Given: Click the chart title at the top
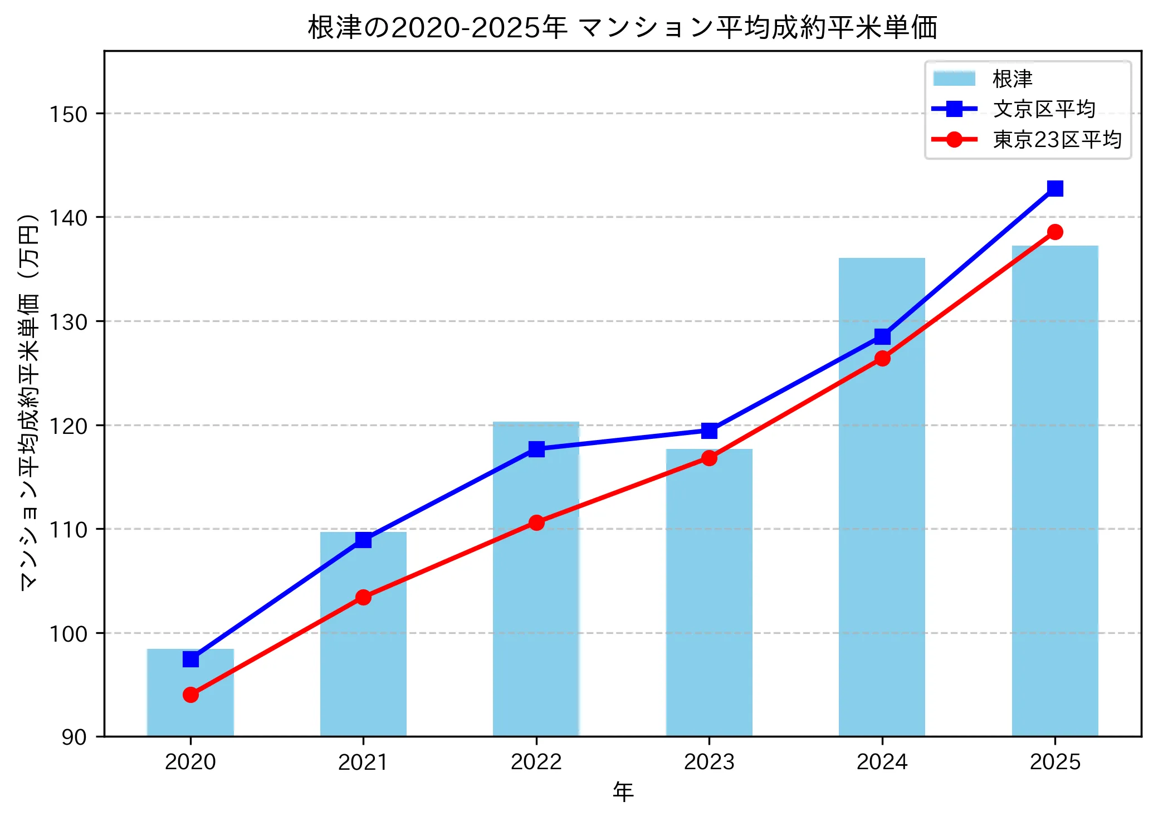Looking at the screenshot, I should point(622,28).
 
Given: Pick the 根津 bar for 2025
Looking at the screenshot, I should point(1055,490).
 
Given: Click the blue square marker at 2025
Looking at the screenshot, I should point(1055,189).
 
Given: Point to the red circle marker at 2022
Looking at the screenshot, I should point(536,522).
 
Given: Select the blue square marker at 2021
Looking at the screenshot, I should point(363,540).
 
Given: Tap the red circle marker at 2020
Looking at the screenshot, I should point(190,695).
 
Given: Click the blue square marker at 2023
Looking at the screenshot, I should point(709,431).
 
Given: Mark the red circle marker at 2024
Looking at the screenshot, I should point(882,358).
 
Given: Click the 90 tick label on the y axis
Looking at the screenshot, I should point(74,737).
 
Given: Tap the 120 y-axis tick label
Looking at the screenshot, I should point(69,426).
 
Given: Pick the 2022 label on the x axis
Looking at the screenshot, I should point(536,762).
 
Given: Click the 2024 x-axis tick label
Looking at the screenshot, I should point(882,762).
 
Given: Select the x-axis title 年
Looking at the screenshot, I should point(623,791).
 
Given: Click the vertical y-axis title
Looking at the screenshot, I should point(29,401).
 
